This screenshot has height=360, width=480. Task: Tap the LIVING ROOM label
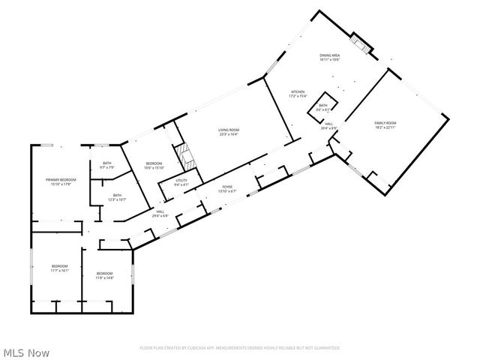click(228, 130)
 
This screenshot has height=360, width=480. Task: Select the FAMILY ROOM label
click(386, 122)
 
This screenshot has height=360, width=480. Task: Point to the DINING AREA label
click(330, 55)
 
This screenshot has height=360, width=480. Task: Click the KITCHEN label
click(298, 92)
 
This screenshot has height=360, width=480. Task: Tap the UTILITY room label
click(181, 180)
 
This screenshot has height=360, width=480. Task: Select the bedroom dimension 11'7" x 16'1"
click(59, 271)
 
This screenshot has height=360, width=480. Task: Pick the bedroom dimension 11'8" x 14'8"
click(104, 277)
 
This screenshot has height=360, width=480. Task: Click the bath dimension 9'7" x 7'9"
click(106, 167)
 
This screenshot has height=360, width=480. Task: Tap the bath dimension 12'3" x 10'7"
click(106, 199)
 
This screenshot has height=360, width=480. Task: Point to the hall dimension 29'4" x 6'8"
click(160, 217)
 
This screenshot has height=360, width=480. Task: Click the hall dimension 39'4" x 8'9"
click(329, 128)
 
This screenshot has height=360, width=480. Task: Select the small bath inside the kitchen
click(323, 108)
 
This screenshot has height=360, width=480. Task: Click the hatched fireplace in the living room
click(185, 157)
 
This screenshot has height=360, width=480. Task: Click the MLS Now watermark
click(26, 351)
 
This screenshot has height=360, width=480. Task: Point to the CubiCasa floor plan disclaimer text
click(239, 348)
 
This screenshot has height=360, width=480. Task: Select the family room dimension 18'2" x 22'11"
click(386, 127)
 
